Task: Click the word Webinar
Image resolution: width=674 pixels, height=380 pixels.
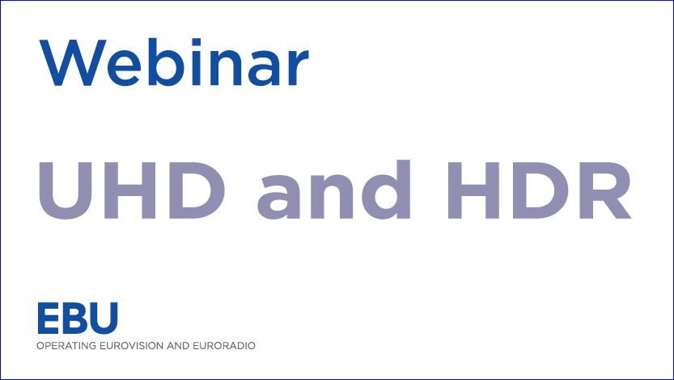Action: click(174, 62)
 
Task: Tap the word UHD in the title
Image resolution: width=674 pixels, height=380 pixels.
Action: click(132, 190)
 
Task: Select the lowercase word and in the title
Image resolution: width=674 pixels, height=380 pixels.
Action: click(333, 190)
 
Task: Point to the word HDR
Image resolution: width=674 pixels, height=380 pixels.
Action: click(540, 190)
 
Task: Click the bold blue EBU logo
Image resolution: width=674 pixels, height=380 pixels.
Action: click(78, 318)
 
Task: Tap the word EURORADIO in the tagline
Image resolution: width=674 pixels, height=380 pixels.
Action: click(224, 346)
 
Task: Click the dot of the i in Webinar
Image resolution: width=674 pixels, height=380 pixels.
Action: click(197, 42)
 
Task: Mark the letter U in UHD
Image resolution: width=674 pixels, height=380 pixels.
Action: click(66, 190)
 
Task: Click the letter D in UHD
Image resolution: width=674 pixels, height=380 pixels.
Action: click(197, 190)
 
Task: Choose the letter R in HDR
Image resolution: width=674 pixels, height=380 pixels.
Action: click(605, 190)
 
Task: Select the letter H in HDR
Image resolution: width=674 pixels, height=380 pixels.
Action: click(473, 190)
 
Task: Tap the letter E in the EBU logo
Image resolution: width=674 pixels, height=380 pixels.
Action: click(49, 318)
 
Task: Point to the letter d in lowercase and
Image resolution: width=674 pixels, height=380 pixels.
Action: click(386, 190)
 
